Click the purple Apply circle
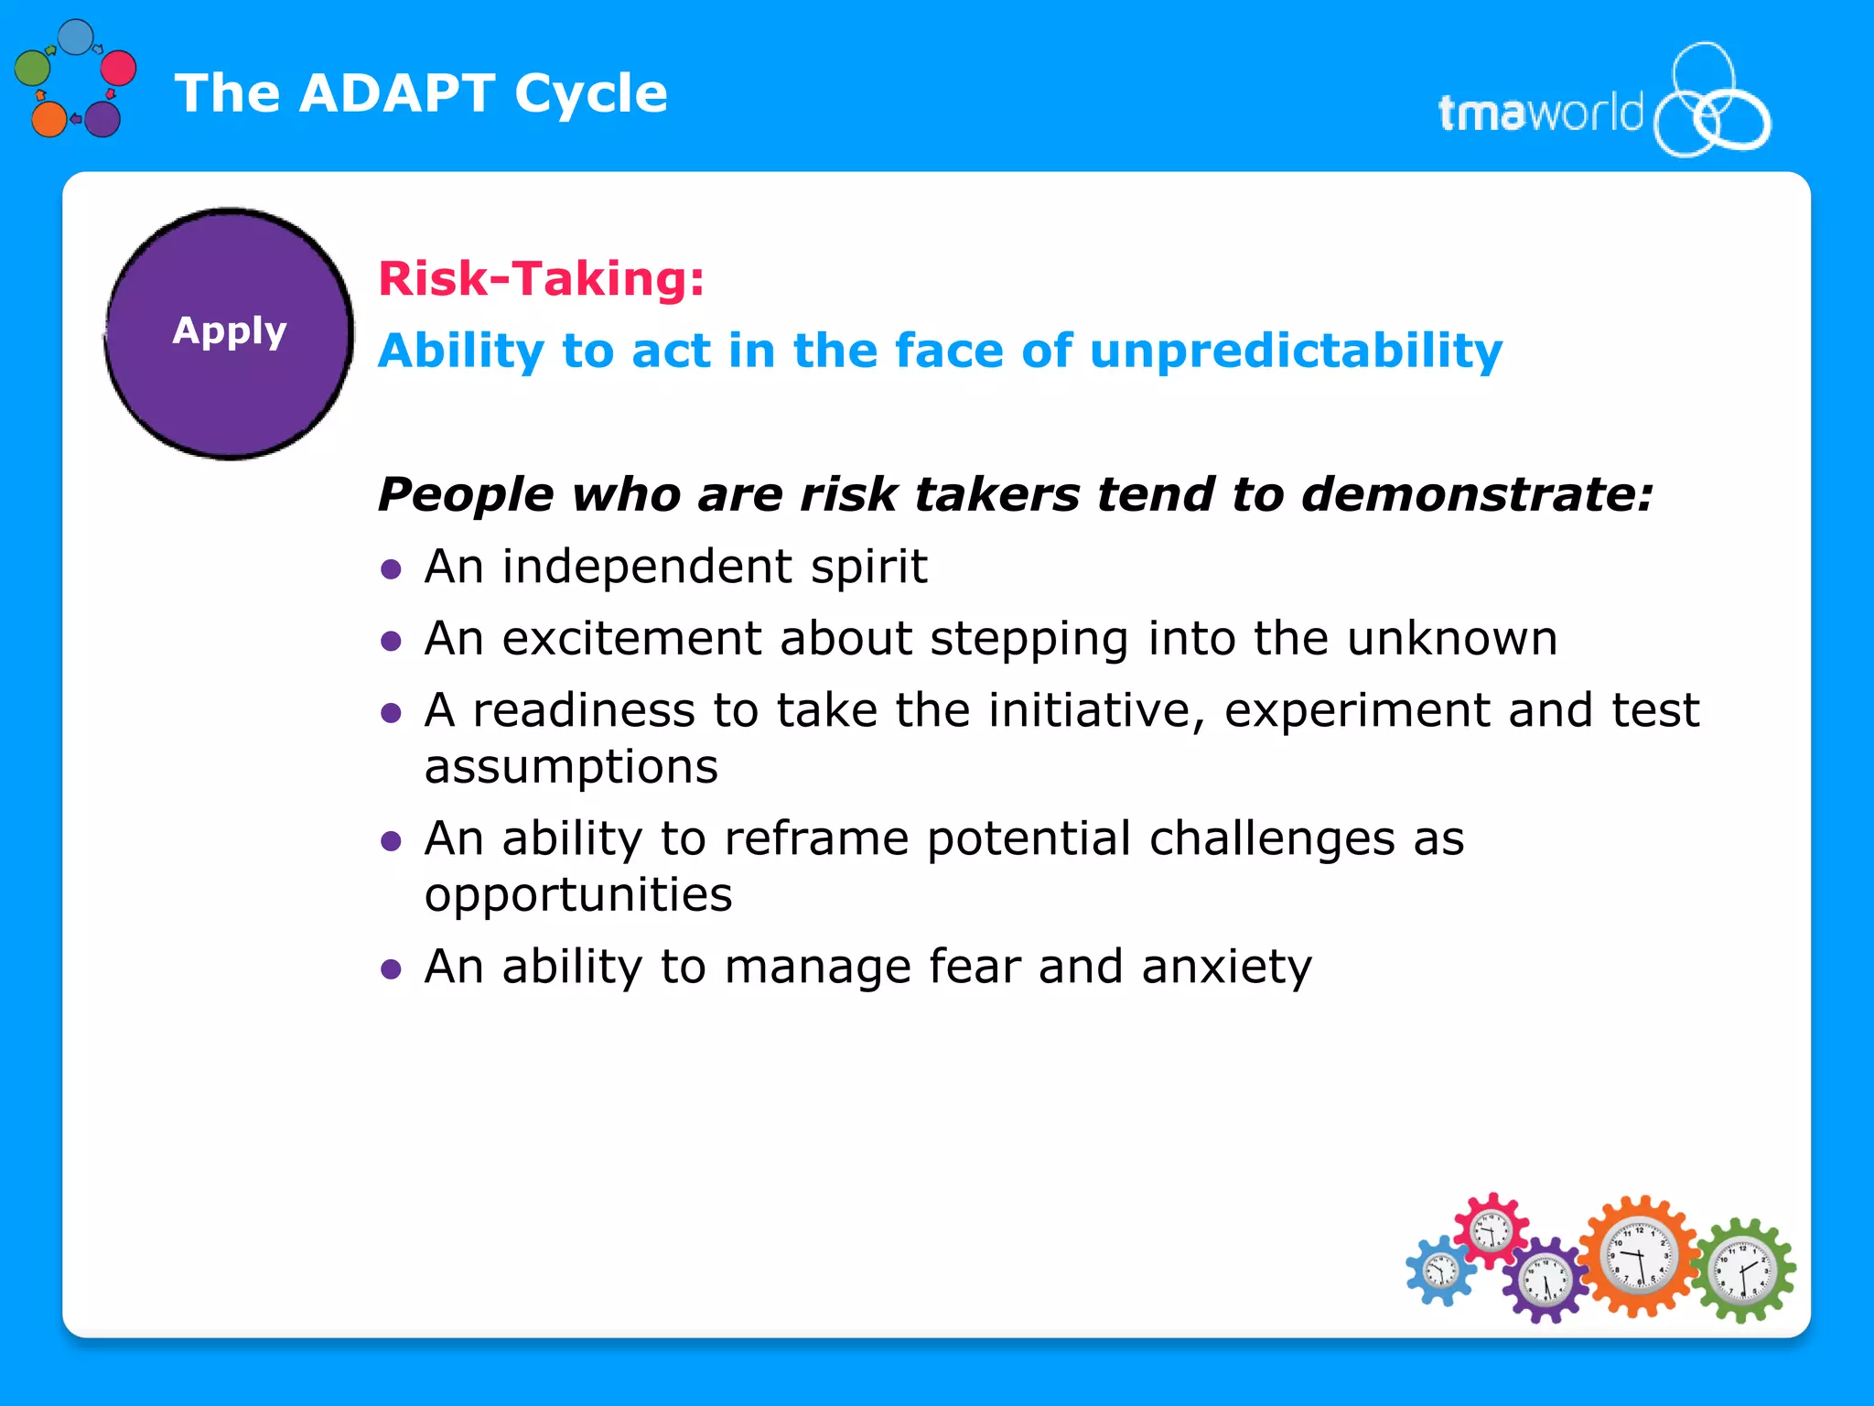[x=229, y=333]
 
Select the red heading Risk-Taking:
[x=541, y=278]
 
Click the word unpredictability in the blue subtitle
[x=1296, y=351]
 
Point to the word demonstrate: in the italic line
[x=1477, y=494]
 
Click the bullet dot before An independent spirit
[x=392, y=570]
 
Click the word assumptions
[x=571, y=766]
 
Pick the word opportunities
[x=578, y=894]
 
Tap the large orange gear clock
[x=1640, y=1256]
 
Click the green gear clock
[x=1742, y=1271]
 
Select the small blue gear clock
[x=1441, y=1271]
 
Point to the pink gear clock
[x=1492, y=1230]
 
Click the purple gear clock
[x=1546, y=1280]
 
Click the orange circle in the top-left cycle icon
[x=48, y=119]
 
